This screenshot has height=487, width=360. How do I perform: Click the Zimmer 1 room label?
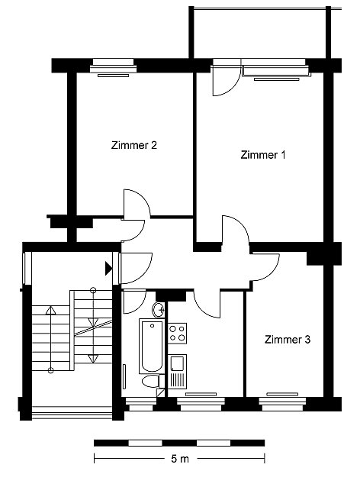click(x=263, y=155)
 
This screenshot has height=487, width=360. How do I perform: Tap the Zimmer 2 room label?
click(x=133, y=145)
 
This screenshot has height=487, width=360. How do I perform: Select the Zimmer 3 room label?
click(x=288, y=340)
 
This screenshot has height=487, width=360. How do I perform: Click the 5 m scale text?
click(x=180, y=459)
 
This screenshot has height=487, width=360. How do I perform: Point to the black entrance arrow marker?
click(x=108, y=269)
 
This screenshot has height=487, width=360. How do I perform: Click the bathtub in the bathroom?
click(x=152, y=347)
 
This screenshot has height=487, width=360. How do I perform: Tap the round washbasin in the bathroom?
click(x=159, y=309)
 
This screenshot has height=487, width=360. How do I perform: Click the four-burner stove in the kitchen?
click(x=178, y=334)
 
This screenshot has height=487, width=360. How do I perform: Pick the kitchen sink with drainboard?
click(x=178, y=371)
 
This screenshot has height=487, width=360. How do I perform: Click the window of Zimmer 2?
click(x=114, y=66)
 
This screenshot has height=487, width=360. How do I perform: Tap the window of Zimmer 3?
click(x=282, y=404)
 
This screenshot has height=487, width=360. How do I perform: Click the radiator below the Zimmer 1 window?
click(x=277, y=79)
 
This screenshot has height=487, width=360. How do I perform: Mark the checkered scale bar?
click(x=179, y=443)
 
